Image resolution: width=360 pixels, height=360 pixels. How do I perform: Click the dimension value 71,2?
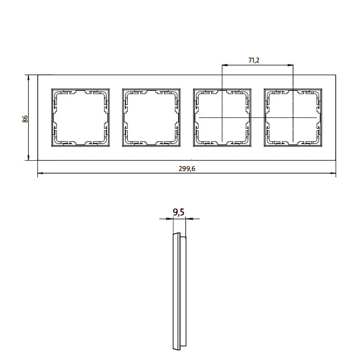(254, 60)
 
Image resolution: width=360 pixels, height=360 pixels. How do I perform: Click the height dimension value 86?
(25, 119)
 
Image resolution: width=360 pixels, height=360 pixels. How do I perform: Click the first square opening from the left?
(81, 117)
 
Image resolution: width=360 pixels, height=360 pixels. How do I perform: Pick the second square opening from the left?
(151, 117)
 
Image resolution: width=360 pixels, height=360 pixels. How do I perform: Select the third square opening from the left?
(222, 117)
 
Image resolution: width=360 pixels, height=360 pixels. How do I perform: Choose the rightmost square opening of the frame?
(293, 117)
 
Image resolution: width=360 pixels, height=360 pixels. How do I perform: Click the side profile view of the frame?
(179, 291)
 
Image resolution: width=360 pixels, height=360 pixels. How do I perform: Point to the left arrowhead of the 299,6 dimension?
(40, 174)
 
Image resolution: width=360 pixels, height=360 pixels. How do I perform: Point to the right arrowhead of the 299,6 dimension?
(333, 174)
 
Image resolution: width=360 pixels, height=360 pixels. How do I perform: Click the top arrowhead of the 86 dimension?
(29, 77)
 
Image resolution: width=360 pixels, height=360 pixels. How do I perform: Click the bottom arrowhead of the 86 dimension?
(29, 158)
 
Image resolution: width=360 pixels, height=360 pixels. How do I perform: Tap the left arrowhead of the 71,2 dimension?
(225, 65)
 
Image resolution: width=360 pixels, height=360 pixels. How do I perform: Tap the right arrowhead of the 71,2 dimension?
(291, 65)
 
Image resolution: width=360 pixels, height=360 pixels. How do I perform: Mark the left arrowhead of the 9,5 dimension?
(171, 219)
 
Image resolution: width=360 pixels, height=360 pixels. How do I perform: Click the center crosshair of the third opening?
(222, 117)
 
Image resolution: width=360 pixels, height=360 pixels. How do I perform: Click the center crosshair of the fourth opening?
(293, 117)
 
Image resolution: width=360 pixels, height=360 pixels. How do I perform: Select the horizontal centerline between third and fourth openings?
(258, 117)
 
